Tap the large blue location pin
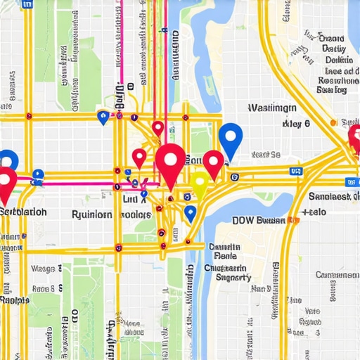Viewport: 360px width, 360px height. pyautogui.click(x=230, y=138)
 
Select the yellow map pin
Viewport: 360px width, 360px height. pyautogui.click(x=200, y=184)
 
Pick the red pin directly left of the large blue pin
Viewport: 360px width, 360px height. pyautogui.click(x=213, y=162)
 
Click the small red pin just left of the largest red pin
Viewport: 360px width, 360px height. pyautogui.click(x=139, y=157)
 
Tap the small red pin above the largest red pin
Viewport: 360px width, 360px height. pyautogui.click(x=158, y=128)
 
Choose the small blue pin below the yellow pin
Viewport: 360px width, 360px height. pyautogui.click(x=189, y=212)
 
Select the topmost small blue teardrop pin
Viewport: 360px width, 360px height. pyautogui.click(x=103, y=117)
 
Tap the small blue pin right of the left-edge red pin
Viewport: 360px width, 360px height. pyautogui.click(x=38, y=174)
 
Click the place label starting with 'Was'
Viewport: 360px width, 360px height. pyautogui.click(x=272, y=108)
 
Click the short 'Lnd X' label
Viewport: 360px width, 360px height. pyautogui.click(x=135, y=200)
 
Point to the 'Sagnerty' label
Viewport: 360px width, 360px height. pyautogui.click(x=227, y=278)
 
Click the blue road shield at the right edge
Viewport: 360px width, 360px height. pyautogui.click(x=296, y=170)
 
